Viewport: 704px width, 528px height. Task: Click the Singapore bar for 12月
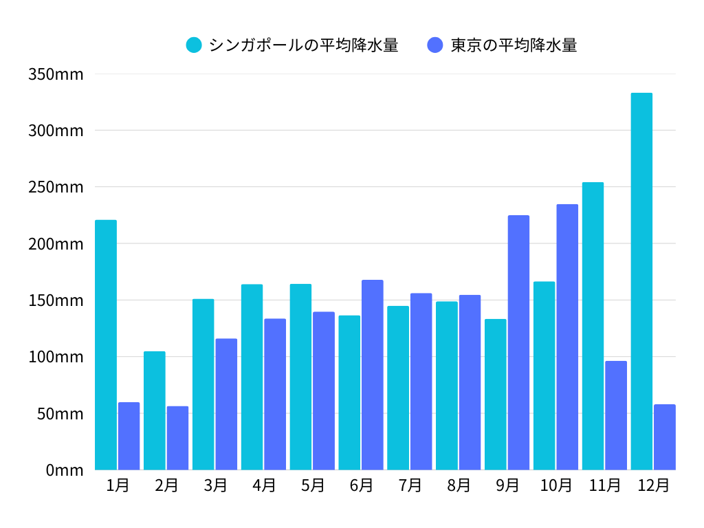point(641,281)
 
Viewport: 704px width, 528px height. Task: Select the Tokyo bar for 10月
point(567,337)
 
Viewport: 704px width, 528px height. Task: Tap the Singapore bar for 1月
point(106,344)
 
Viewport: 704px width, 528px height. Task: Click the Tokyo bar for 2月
point(177,438)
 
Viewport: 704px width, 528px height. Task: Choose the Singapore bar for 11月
point(593,326)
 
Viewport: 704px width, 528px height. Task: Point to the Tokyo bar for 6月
point(373,375)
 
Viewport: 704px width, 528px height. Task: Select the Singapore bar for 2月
point(155,410)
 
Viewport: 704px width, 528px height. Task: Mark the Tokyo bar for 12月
point(665,437)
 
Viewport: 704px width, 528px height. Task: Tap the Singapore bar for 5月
point(300,377)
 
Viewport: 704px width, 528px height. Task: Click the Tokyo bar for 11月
point(616,415)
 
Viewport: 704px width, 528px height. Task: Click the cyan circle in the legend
point(194,45)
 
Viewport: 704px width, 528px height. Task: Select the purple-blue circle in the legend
point(435,45)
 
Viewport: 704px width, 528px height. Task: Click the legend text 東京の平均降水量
point(514,45)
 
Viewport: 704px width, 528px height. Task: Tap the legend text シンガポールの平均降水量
point(303,45)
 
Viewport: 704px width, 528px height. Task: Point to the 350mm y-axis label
point(56,74)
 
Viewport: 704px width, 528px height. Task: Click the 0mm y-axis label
point(65,470)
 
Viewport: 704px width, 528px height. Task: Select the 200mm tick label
point(56,243)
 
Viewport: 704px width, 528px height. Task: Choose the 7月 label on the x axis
point(410,485)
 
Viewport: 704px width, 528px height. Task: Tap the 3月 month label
point(215,485)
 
